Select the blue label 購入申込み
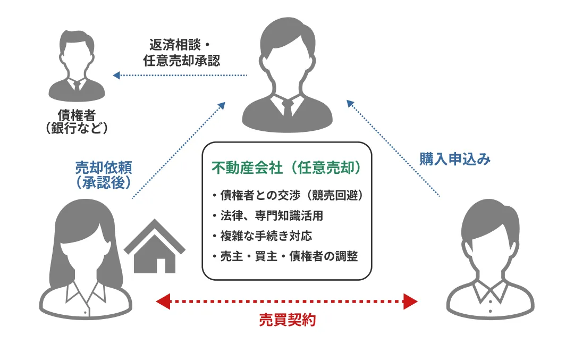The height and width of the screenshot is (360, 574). click(x=455, y=159)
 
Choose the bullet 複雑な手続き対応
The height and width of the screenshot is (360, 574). click(x=265, y=236)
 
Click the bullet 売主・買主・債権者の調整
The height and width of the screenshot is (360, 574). click(x=284, y=256)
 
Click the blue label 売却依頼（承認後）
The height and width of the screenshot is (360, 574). click(x=104, y=174)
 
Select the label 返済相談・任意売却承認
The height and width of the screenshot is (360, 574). click(x=181, y=52)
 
